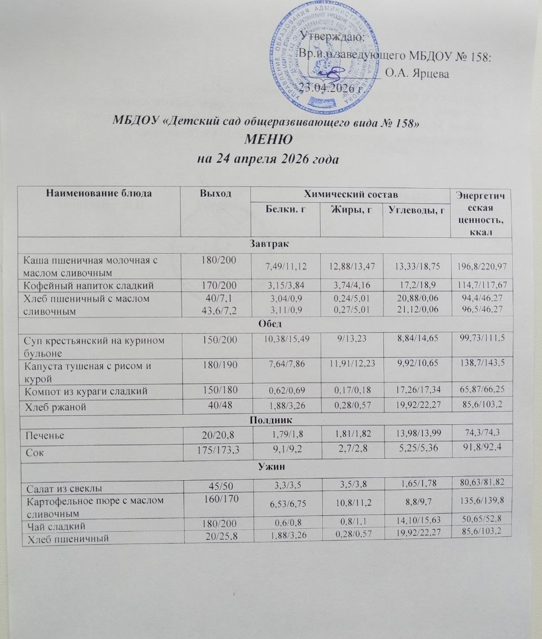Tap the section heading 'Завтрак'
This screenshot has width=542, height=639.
[265, 244]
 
